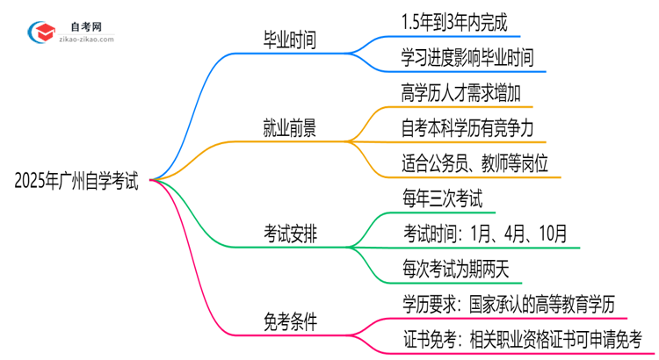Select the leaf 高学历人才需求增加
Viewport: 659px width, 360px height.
tap(453, 92)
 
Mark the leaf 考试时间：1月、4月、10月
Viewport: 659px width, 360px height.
tap(485, 234)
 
